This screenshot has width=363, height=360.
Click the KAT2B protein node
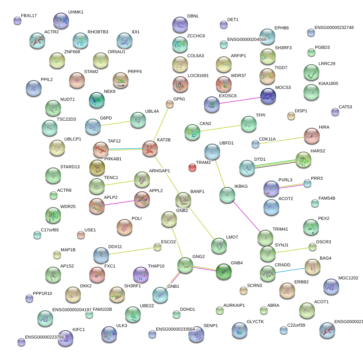[150, 148]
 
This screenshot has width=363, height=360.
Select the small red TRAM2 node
[192, 167]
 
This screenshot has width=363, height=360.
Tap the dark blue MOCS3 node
[268, 96]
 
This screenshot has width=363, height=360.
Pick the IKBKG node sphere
[227, 194]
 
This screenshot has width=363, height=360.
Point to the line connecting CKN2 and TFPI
[220, 127]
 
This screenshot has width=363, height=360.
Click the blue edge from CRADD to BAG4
[290, 270]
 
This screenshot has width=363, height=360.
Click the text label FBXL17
[29, 16]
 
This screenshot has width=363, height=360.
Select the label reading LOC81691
[198, 75]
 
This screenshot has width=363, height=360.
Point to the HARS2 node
[303, 159]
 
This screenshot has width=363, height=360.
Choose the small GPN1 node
[170, 104]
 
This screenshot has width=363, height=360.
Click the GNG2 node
[185, 265]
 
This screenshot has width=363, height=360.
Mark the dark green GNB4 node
[223, 271]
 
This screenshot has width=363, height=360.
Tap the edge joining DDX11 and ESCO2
[129, 251]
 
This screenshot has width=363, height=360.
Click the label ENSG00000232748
[334, 28]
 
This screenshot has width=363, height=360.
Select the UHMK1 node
[61, 20]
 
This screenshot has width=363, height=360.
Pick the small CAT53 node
[335, 112]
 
